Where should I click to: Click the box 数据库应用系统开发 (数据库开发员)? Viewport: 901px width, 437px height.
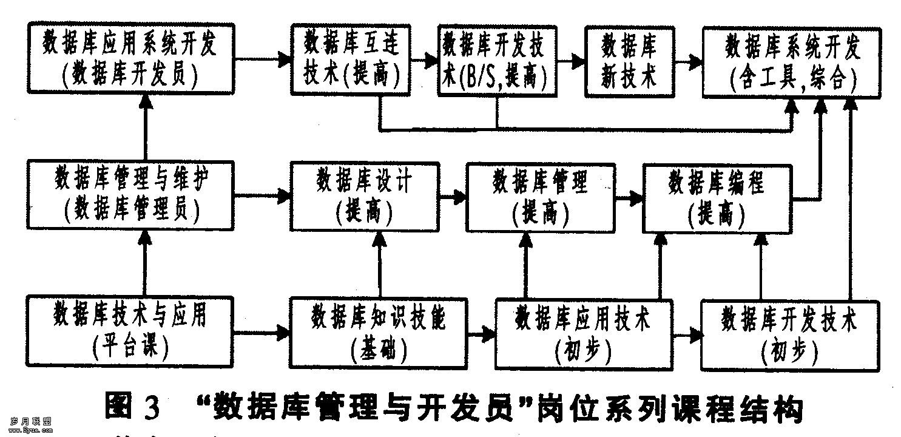coord(130,59)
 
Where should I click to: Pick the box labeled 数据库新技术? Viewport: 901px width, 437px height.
coord(630,59)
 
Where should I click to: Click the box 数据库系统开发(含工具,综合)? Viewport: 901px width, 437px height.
coord(792,59)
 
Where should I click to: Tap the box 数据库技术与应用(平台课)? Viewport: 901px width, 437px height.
coord(130,332)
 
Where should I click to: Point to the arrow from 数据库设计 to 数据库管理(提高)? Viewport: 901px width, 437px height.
coord(451,197)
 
